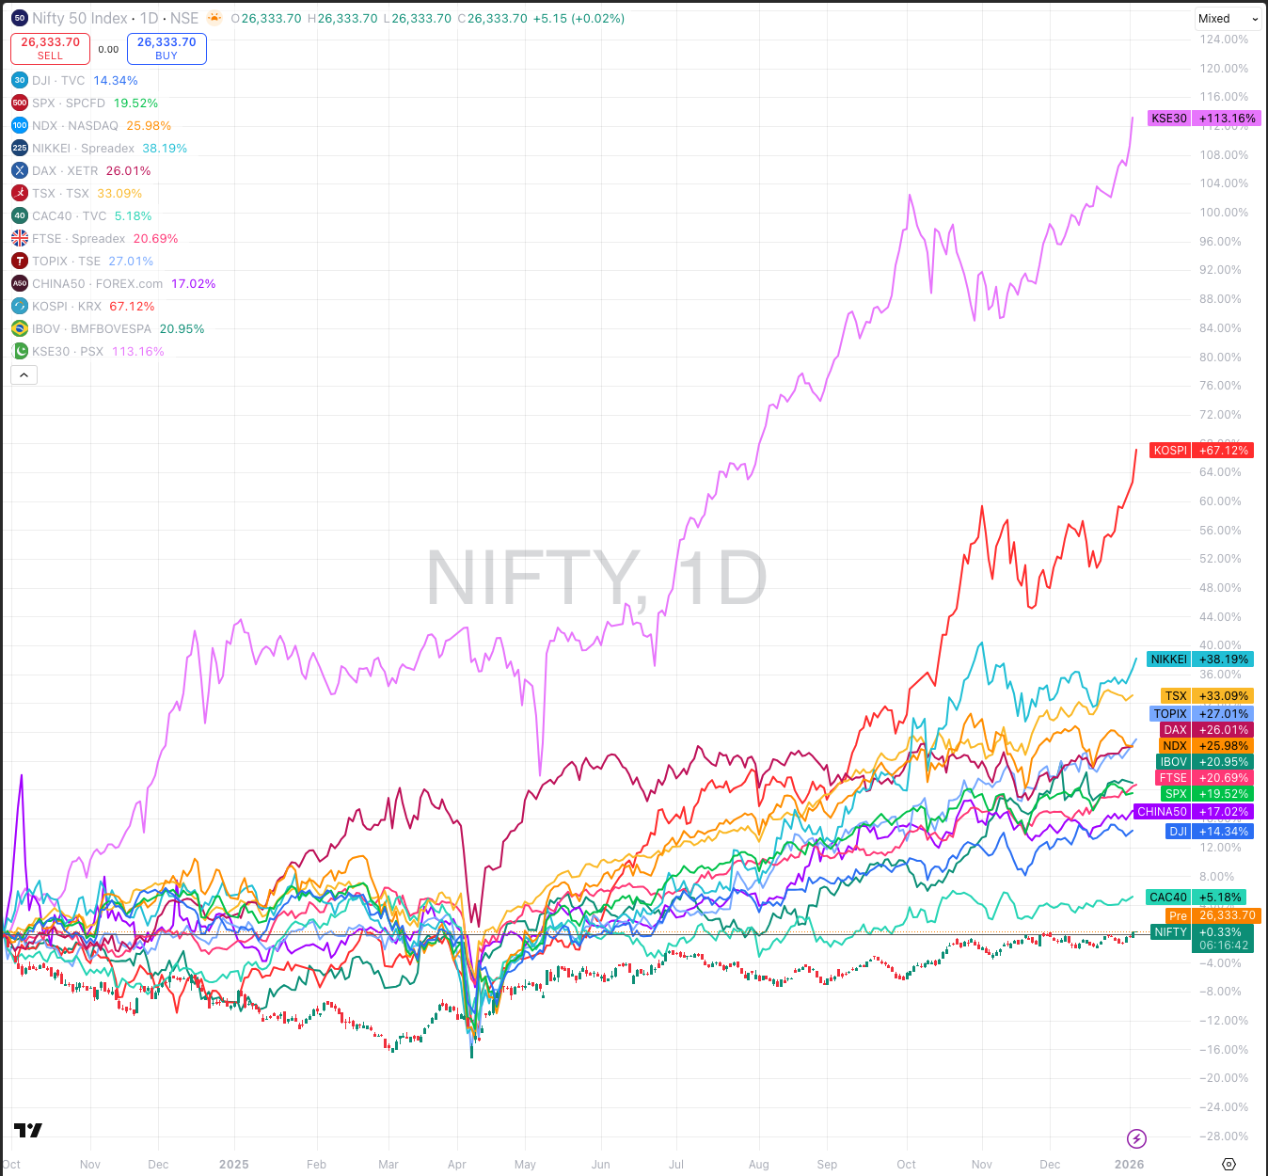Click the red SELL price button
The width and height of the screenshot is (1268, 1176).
click(50, 49)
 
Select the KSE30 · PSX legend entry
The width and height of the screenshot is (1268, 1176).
click(68, 352)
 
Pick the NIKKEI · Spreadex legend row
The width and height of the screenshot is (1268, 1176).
click(83, 149)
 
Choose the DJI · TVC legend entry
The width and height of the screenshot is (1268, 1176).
click(58, 81)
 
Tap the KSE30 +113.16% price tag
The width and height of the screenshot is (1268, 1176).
click(1202, 119)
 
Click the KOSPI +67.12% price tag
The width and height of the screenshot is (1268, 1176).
click(1201, 451)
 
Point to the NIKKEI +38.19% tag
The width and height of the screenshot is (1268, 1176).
click(1199, 660)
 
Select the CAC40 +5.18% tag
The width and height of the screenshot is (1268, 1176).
click(1196, 898)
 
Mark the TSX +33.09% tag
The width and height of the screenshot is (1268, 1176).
click(1206, 696)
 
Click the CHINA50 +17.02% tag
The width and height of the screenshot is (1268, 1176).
click(1194, 812)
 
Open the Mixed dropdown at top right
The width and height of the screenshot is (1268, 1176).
click(1228, 19)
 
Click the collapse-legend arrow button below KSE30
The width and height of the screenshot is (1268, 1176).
click(24, 375)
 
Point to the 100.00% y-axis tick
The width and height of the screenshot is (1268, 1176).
click(1224, 213)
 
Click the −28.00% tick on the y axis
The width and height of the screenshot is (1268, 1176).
click(1224, 1136)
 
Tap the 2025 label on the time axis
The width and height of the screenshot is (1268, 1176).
click(234, 1165)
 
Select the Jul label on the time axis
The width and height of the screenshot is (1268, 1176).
click(676, 1165)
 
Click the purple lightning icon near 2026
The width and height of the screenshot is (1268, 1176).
click(1136, 1139)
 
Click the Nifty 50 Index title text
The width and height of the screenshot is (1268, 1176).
click(80, 19)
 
